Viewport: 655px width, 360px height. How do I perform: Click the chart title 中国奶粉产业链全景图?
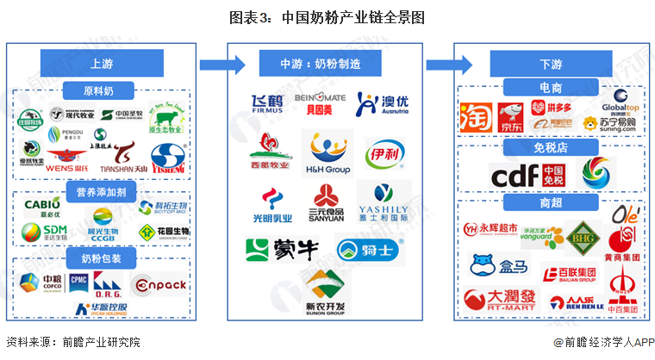[x=327, y=17]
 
